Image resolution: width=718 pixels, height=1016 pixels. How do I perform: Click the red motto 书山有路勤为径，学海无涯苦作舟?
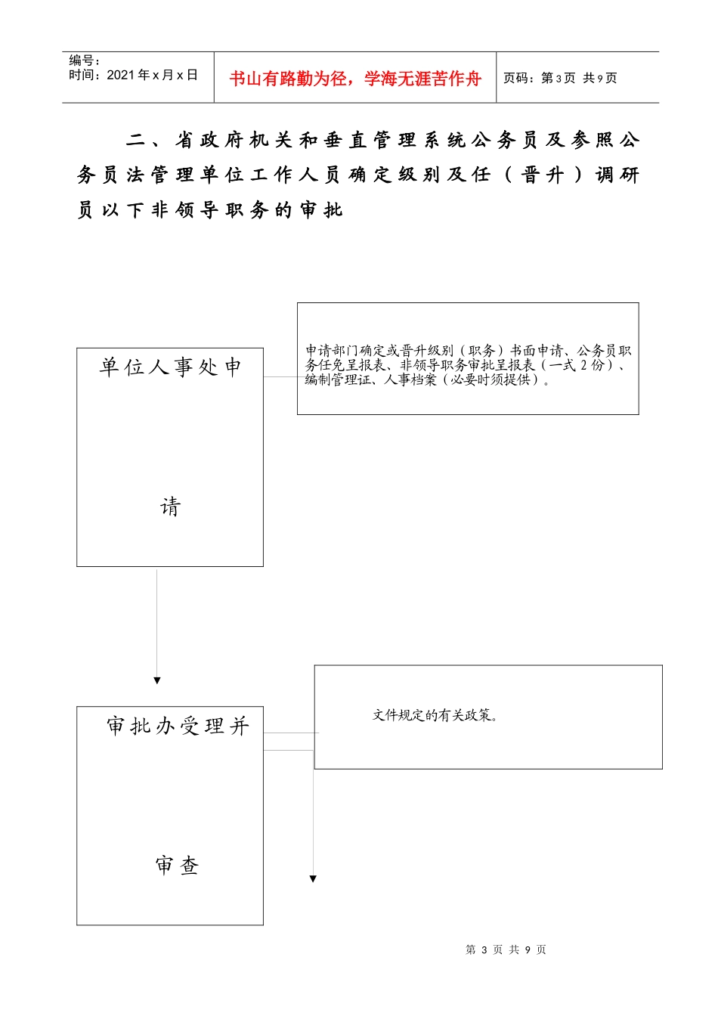[x=354, y=79]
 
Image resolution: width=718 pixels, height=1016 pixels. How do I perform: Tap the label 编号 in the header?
[x=85, y=60]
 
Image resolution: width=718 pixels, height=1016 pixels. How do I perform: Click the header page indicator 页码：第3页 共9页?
[x=560, y=78]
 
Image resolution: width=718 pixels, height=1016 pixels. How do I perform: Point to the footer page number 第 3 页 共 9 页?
[x=506, y=949]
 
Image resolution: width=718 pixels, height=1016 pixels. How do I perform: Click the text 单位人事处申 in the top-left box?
[x=170, y=367]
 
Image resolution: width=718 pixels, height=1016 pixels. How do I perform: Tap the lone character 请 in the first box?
[x=170, y=506]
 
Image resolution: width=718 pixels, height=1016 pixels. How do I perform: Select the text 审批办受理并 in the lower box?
[x=178, y=726]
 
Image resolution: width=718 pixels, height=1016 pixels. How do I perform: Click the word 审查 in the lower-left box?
[x=177, y=866]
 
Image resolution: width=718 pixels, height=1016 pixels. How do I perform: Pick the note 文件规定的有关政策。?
[x=436, y=715]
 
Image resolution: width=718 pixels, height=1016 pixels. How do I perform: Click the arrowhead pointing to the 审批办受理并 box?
[x=157, y=680]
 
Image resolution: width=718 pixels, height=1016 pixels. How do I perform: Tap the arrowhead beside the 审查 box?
[x=313, y=878]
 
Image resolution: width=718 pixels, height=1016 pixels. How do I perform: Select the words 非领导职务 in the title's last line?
[x=209, y=210]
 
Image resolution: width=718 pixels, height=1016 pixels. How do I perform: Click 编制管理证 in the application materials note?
[x=336, y=379]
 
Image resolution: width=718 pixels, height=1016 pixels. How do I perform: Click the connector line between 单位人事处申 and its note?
[x=280, y=376]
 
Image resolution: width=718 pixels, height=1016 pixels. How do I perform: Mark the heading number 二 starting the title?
[x=136, y=141]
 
